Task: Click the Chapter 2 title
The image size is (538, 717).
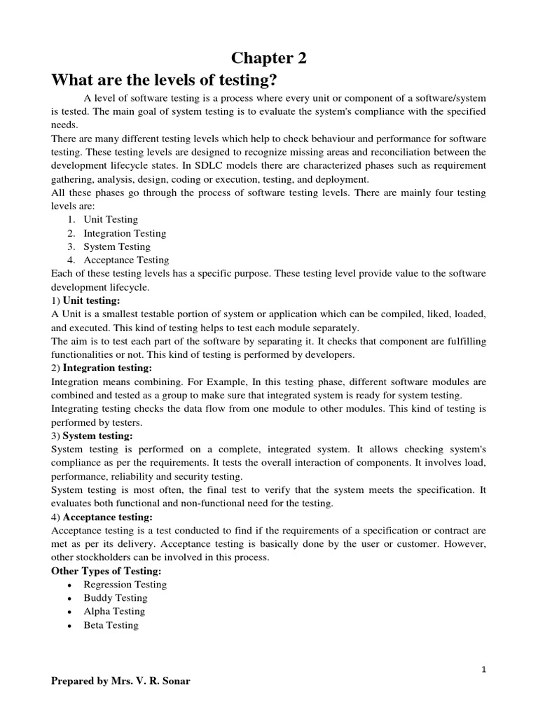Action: (x=269, y=59)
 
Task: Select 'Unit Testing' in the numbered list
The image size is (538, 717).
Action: (x=111, y=220)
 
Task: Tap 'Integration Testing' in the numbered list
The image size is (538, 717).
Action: (x=125, y=233)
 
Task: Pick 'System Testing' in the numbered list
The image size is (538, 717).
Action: (x=117, y=246)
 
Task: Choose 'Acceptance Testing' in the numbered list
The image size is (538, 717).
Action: (x=127, y=260)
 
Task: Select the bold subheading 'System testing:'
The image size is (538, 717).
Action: (x=97, y=436)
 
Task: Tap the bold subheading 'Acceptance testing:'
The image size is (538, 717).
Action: (x=108, y=517)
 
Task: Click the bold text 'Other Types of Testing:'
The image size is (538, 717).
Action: (x=106, y=571)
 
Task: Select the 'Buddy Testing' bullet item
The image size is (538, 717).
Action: (x=116, y=598)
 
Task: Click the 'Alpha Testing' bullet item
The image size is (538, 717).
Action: (x=114, y=611)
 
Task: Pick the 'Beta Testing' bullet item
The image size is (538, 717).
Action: (x=111, y=625)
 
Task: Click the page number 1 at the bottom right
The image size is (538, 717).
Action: (x=483, y=670)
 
